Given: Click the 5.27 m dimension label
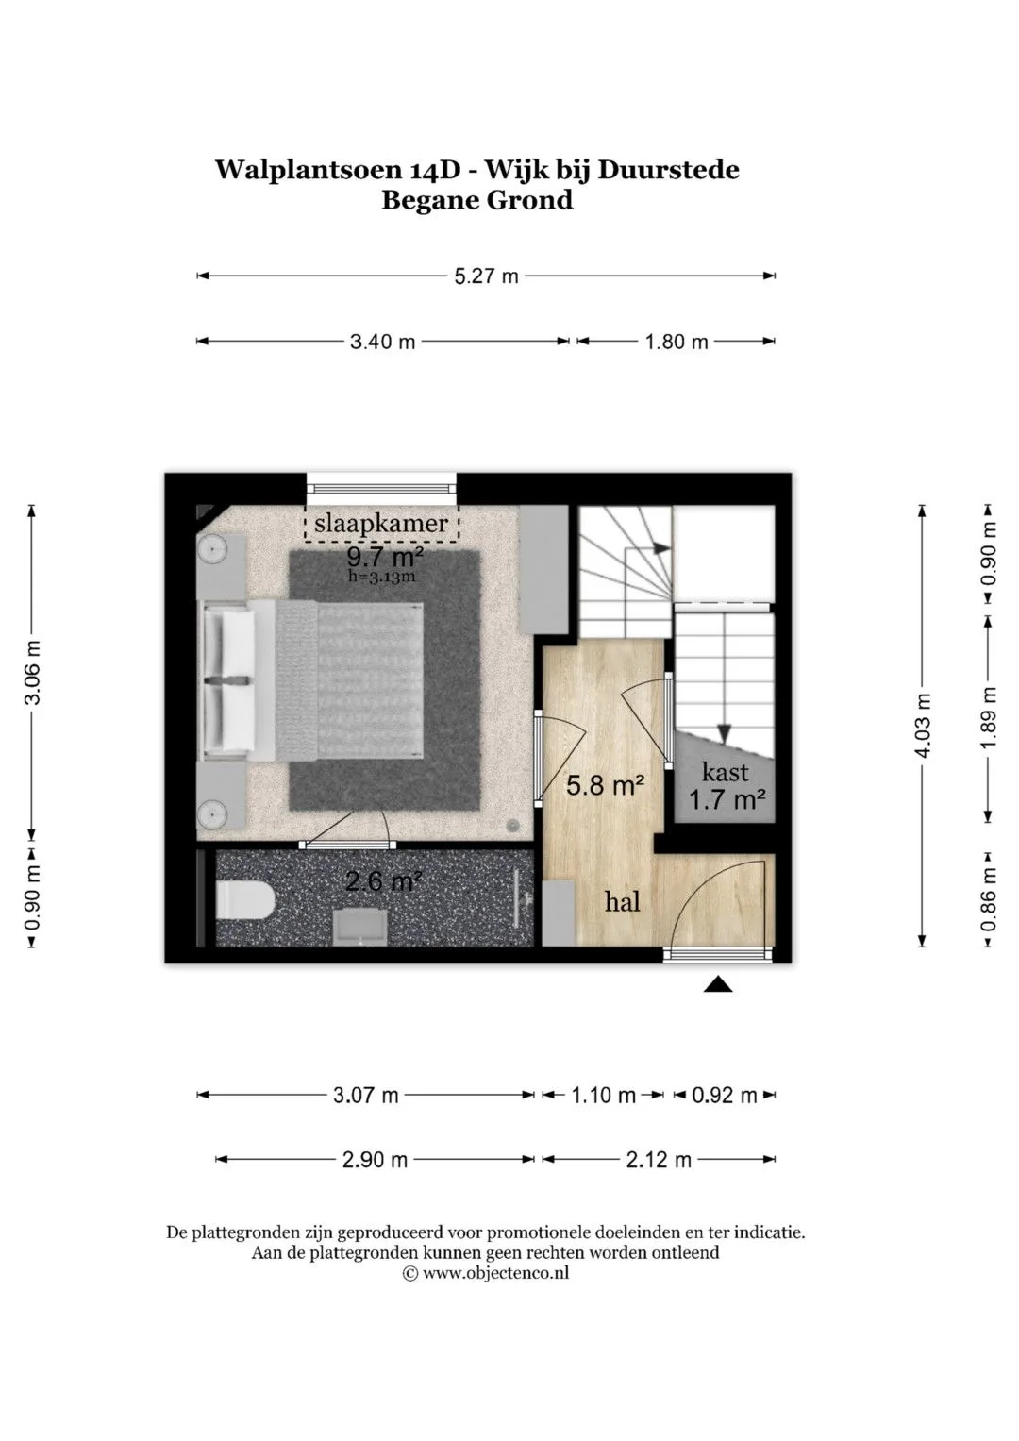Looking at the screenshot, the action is [x=486, y=276].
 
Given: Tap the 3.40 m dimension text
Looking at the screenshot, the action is [x=382, y=342].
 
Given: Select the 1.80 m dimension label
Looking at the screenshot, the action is [x=677, y=342].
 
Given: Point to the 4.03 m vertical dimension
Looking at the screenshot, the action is [x=922, y=725].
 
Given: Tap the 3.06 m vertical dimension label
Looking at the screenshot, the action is [x=32, y=672].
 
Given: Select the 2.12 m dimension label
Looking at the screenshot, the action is [x=659, y=1159].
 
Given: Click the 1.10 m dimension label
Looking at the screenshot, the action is [x=604, y=1095].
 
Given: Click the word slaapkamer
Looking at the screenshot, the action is [x=381, y=523].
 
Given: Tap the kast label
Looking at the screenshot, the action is [x=725, y=772].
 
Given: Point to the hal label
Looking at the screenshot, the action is [x=622, y=902].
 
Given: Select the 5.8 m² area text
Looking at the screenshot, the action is [x=605, y=785].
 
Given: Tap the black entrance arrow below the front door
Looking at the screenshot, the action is [x=718, y=984].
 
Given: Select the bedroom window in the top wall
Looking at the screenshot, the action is [x=381, y=489].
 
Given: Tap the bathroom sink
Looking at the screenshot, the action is [x=359, y=927].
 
